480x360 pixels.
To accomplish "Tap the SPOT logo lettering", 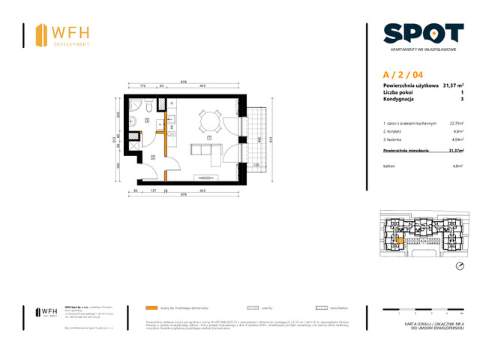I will [423, 33].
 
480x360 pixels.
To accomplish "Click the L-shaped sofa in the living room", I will [205, 149].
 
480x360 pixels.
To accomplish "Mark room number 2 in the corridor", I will [151, 157].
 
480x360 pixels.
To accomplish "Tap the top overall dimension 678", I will [184, 82].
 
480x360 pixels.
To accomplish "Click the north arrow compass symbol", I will [460, 266].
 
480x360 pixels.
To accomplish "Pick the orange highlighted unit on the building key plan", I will [399, 240].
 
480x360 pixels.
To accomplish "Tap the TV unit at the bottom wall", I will [204, 178].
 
